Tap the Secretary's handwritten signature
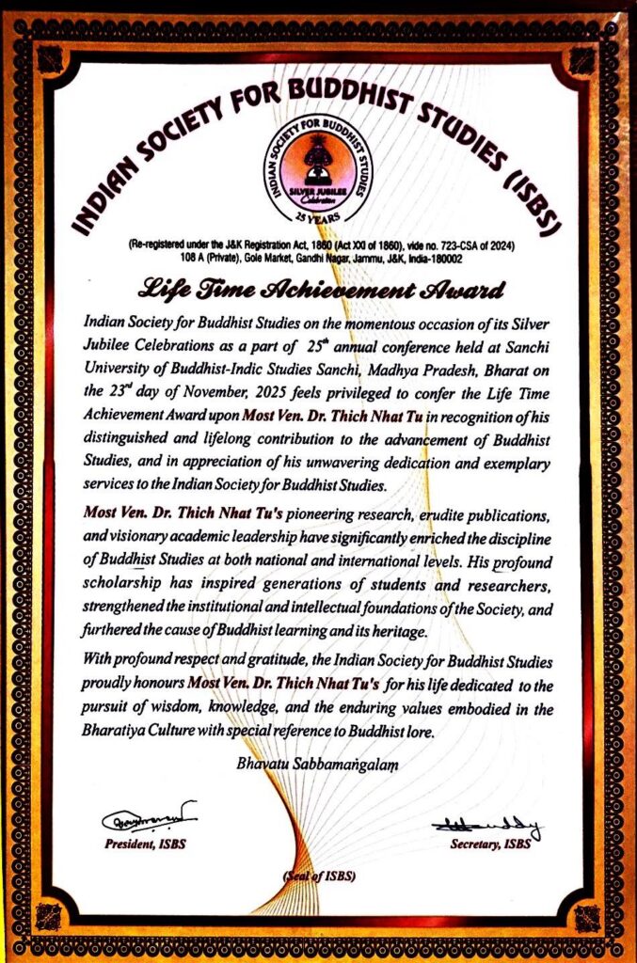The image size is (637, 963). pyautogui.click(x=486, y=827)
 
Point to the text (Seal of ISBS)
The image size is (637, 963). pyautogui.click(x=317, y=876)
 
